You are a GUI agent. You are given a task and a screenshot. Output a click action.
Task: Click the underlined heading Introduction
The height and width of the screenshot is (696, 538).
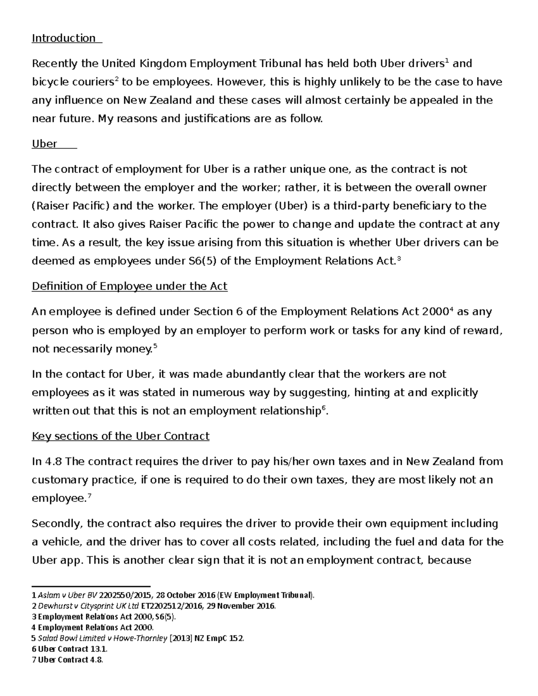63,38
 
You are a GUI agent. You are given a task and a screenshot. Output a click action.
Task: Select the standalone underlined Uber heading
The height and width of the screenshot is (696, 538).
44,144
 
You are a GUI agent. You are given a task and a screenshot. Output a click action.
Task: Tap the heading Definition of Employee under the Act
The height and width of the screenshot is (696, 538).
130,286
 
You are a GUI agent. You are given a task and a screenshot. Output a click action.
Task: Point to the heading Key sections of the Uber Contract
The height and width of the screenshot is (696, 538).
120,436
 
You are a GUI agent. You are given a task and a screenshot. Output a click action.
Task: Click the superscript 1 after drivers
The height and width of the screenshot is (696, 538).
446,61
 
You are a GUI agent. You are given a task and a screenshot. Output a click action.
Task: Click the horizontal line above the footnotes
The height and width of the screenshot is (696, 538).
91,586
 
